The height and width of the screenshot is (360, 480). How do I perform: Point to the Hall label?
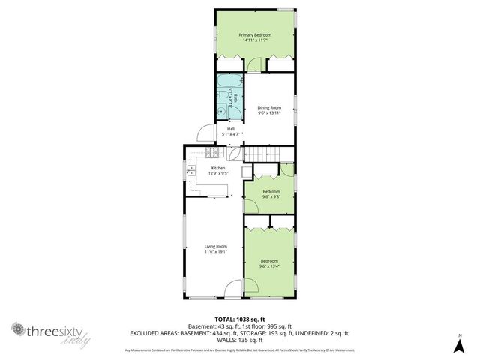coord(231,130)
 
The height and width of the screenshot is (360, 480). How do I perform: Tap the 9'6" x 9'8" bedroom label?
coord(271,194)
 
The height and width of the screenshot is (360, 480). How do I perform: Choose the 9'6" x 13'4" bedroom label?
coord(269,263)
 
